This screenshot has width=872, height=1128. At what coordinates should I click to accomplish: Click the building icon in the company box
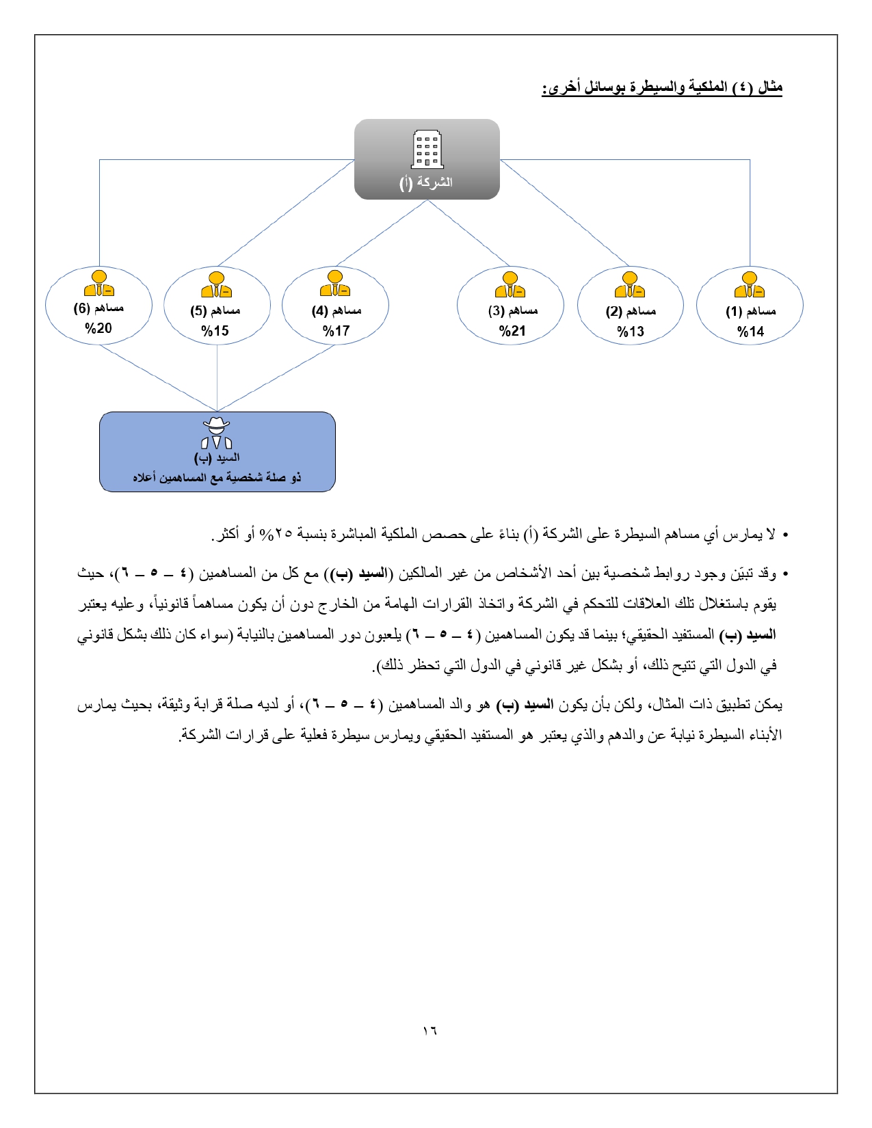coord(427,150)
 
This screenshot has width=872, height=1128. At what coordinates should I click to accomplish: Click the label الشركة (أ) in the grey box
coord(426,183)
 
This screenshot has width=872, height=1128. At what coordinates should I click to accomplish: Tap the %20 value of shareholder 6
coord(98,328)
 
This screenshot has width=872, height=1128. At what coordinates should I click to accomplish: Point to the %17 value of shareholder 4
coord(336,331)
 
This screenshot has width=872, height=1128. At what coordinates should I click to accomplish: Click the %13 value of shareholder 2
coord(630,332)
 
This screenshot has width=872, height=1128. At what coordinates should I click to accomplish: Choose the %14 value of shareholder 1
coord(750,332)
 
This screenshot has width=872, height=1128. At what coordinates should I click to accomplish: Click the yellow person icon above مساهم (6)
coord(99,283)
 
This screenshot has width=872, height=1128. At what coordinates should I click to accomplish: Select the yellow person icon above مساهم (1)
coord(750,285)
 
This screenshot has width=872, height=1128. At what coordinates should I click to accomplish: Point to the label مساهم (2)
coord(630,311)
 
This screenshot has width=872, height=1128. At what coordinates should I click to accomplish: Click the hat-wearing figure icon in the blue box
coord(217,433)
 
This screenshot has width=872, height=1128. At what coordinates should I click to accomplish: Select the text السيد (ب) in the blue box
coord(217,457)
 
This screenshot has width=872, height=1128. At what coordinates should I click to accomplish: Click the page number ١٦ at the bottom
coord(430,1030)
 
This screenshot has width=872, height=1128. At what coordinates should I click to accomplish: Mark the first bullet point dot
coord(785,535)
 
